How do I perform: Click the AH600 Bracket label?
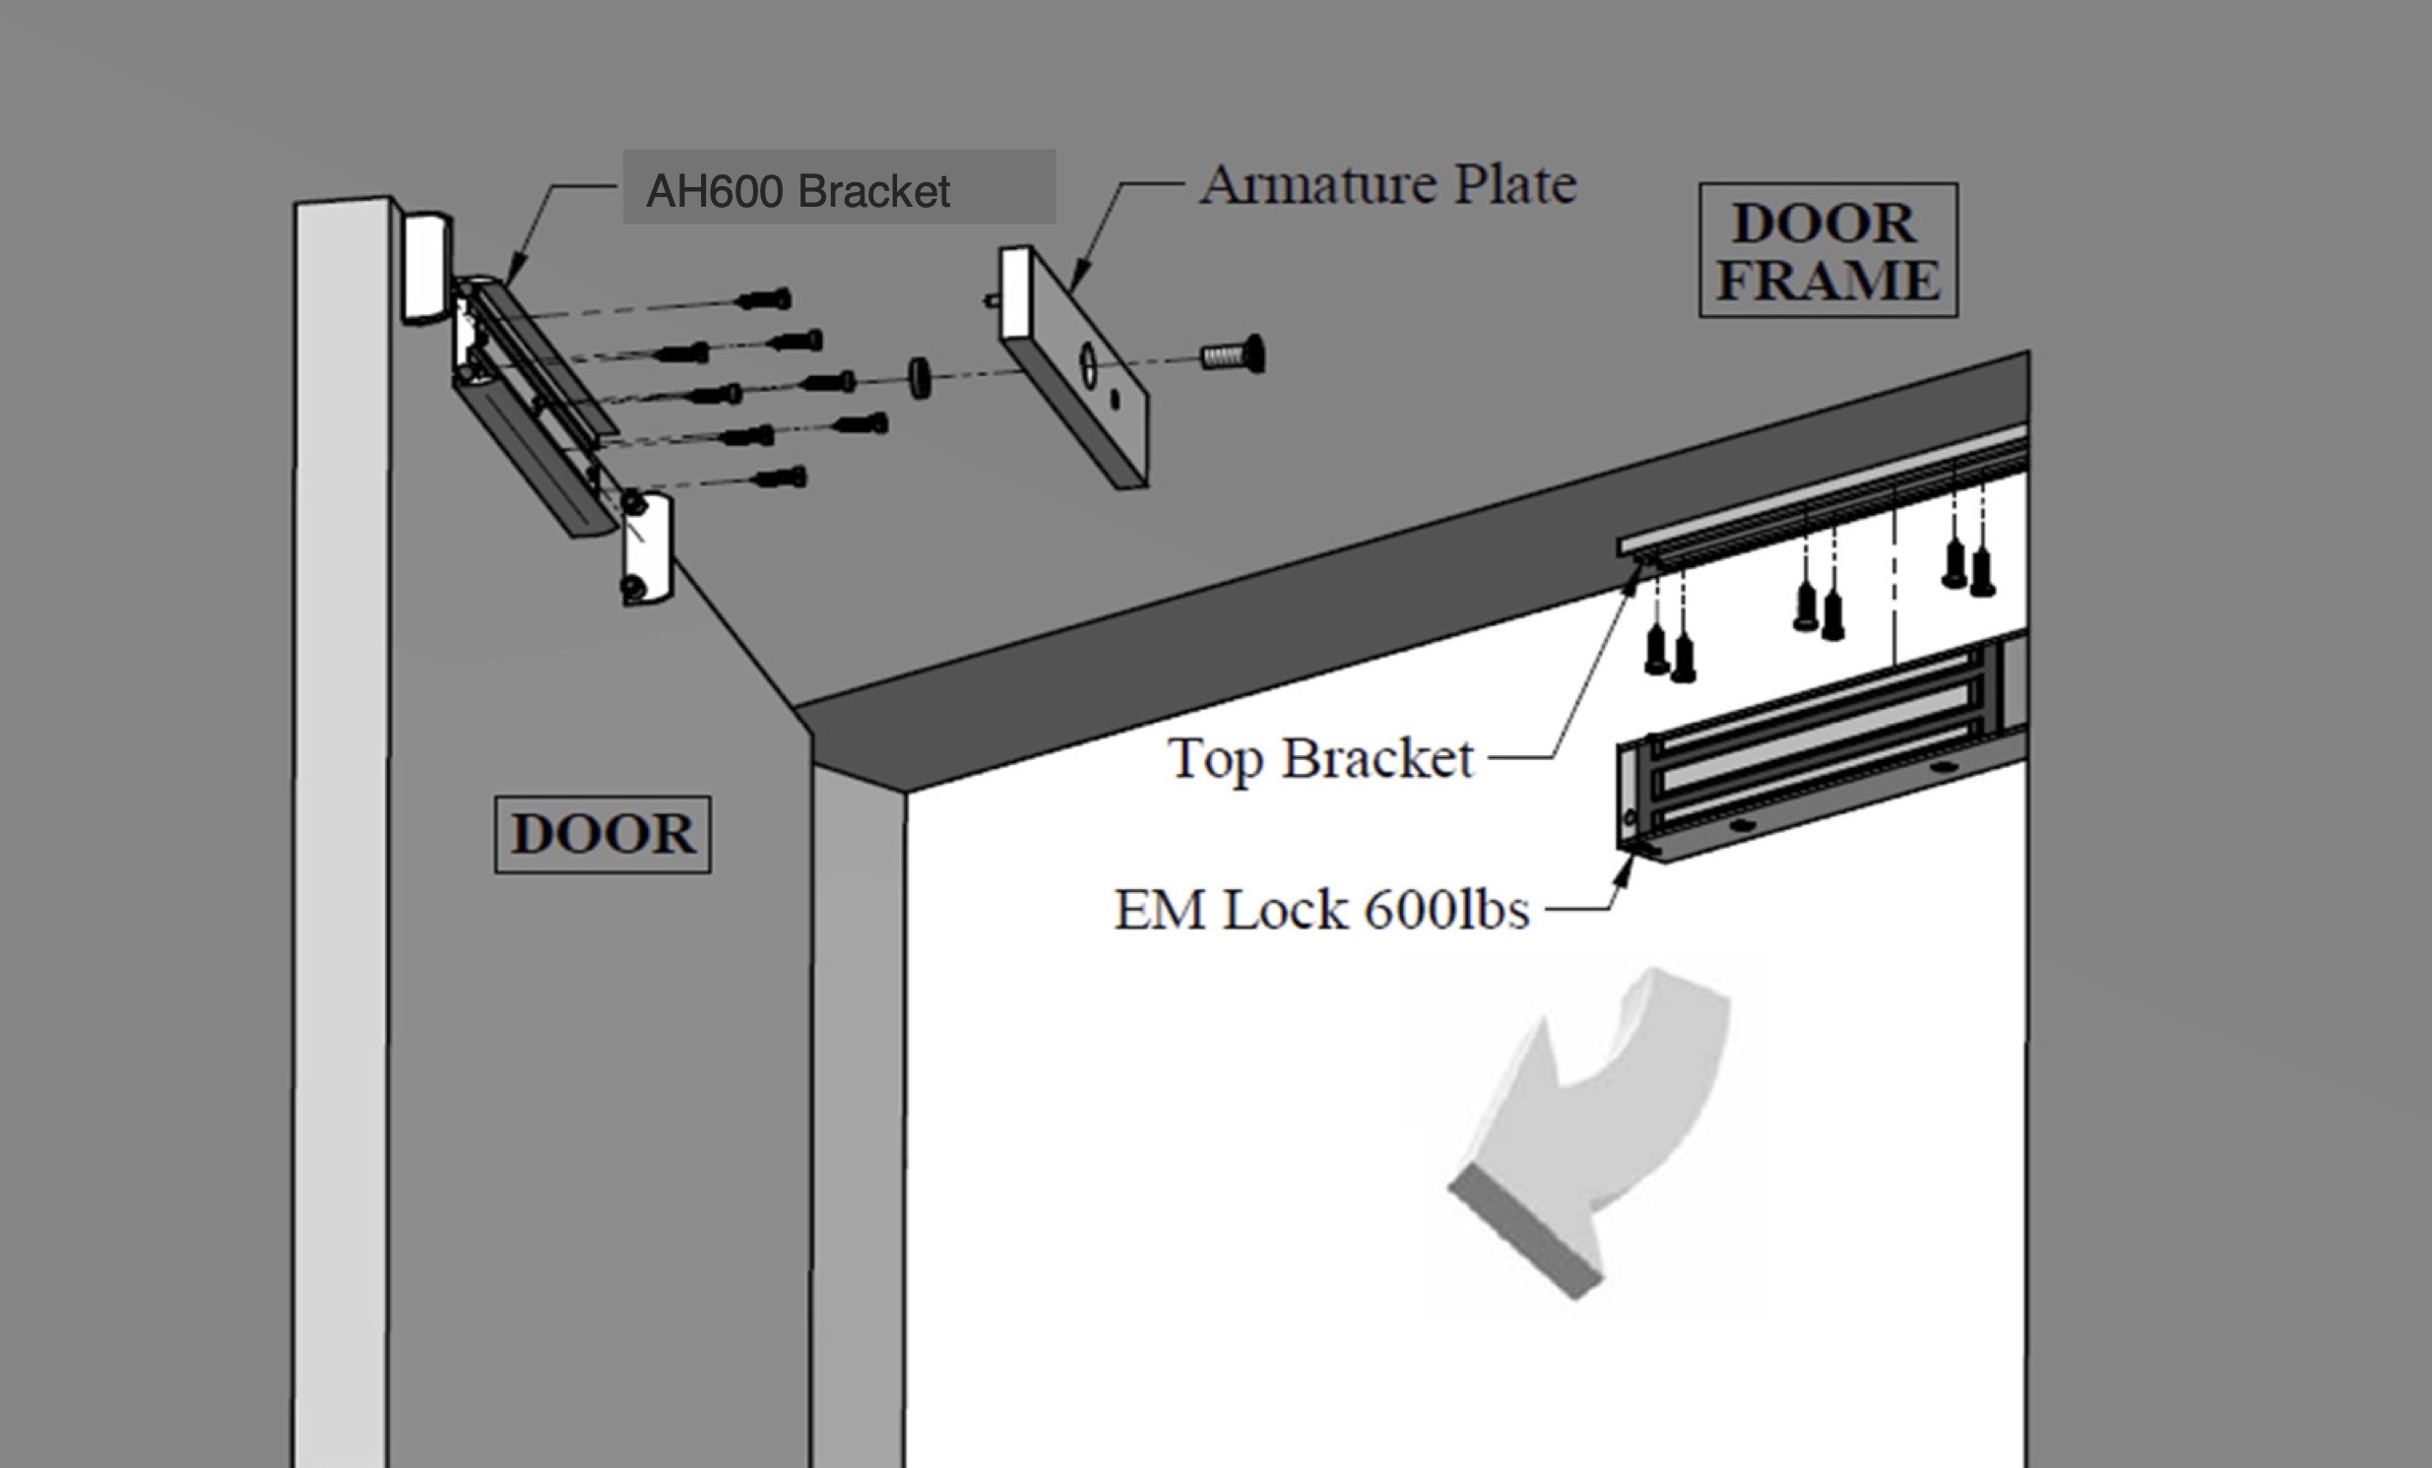click(x=798, y=190)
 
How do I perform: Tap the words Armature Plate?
click(x=1386, y=185)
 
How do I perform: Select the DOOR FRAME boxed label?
click(x=1828, y=250)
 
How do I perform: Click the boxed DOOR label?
click(x=602, y=834)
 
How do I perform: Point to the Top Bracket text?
click(x=1320, y=759)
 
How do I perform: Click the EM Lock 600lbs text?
click(x=1321, y=909)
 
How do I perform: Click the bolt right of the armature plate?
click(x=1234, y=353)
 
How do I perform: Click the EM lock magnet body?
click(x=1806, y=760)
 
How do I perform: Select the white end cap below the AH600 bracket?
click(x=647, y=548)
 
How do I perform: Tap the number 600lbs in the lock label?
click(x=1447, y=909)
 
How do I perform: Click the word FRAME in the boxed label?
click(x=1828, y=280)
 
